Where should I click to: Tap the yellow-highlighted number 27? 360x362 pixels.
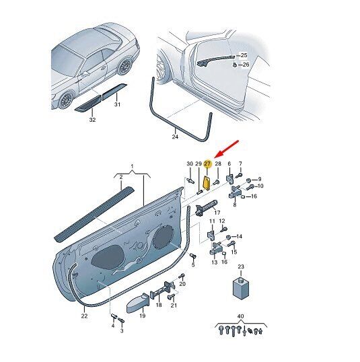207,164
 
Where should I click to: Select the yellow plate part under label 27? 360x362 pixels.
206,183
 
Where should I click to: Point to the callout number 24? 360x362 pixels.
175,137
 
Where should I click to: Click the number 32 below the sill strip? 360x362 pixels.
92,120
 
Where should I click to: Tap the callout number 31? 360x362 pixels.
117,104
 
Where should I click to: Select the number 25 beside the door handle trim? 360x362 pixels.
244,55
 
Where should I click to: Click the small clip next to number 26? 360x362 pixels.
234,65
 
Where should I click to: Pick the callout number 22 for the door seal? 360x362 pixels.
84,316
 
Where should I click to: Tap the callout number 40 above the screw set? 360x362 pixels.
240,316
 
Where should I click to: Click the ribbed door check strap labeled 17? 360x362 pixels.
206,207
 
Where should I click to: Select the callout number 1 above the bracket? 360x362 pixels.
132,166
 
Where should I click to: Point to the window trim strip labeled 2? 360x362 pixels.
94,214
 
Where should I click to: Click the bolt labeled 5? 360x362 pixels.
193,256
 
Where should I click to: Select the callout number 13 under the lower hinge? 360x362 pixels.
215,262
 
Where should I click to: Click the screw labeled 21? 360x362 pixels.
171,296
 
